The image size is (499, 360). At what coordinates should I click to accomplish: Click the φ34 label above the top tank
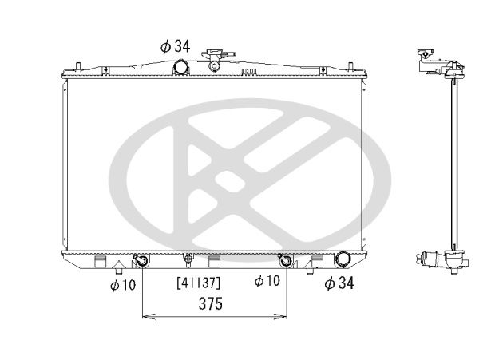[174, 46]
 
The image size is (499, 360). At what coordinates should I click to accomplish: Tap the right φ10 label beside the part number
[267, 281]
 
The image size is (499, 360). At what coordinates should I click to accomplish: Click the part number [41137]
[197, 282]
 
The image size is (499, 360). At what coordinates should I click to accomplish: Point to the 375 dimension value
[212, 303]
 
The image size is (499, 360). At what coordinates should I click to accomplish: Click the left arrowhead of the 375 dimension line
[146, 317]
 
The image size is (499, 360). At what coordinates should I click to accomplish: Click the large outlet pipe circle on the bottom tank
[343, 259]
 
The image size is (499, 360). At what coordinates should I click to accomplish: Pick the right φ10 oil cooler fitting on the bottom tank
[285, 260]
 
